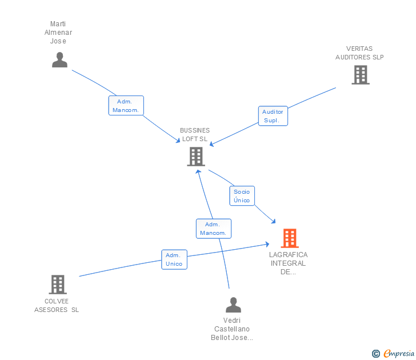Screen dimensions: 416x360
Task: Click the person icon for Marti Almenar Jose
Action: (59, 59)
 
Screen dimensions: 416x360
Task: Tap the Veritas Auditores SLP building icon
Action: (361, 75)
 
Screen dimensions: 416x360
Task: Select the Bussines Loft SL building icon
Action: (196, 157)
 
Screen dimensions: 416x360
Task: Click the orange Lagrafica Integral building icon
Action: (290, 238)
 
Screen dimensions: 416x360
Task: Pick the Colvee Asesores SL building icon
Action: (58, 285)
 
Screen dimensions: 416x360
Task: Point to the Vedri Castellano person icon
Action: (234, 305)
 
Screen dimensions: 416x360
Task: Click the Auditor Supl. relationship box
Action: (273, 116)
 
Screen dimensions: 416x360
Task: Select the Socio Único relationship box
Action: (242, 196)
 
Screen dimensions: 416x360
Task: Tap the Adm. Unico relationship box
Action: (174, 259)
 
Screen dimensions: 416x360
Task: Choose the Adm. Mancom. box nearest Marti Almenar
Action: (126, 106)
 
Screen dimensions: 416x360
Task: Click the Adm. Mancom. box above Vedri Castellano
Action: (214, 229)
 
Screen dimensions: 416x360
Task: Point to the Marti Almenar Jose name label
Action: (58, 33)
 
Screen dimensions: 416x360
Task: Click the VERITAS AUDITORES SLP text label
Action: (359, 53)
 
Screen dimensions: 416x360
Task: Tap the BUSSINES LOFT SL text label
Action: (195, 134)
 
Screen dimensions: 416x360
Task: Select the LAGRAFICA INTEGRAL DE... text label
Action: (289, 263)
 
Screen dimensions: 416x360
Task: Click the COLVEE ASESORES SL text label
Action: (57, 305)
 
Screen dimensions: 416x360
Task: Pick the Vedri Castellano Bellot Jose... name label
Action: (232, 329)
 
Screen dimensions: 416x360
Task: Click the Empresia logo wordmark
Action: (399, 353)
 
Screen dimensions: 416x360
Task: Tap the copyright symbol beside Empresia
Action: (376, 354)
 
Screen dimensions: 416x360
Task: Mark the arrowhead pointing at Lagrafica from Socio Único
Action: (274, 222)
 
